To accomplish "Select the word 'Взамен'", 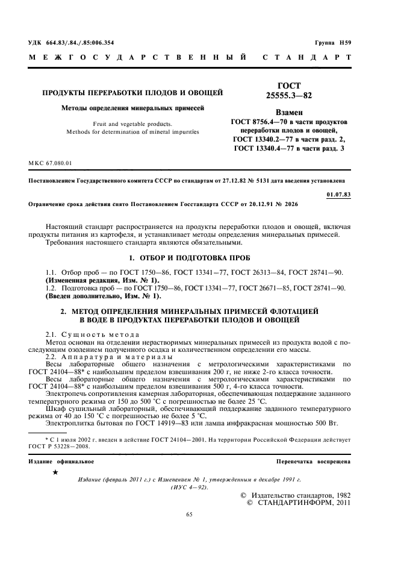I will click(288, 112).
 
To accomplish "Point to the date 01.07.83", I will click(338, 194).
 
